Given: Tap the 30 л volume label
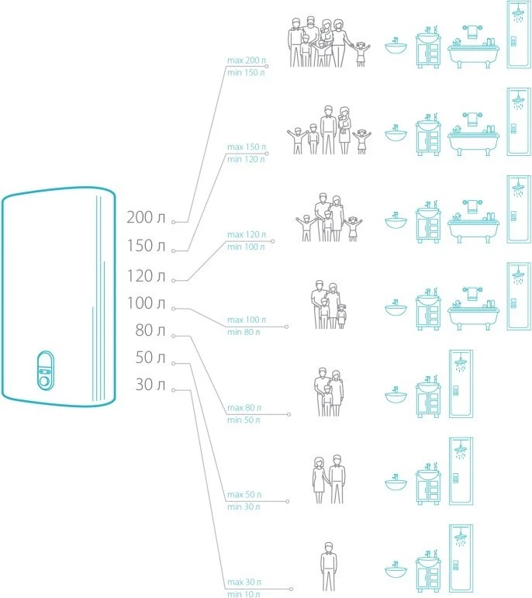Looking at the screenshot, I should pyautogui.click(x=150, y=385).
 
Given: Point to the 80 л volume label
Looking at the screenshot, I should pyautogui.click(x=150, y=331).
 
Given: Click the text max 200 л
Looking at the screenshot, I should pyautogui.click(x=246, y=60).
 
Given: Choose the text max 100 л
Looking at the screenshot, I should pyautogui.click(x=245, y=320).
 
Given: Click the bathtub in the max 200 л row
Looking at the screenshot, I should pyautogui.click(x=472, y=49).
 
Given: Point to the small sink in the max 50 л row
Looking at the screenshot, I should pyautogui.click(x=396, y=482).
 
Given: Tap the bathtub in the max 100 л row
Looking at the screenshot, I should pyautogui.click(x=472, y=310).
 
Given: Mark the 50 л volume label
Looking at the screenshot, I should pyautogui.click(x=150, y=358).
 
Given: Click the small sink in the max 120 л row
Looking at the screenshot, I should pyautogui.click(x=396, y=219).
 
